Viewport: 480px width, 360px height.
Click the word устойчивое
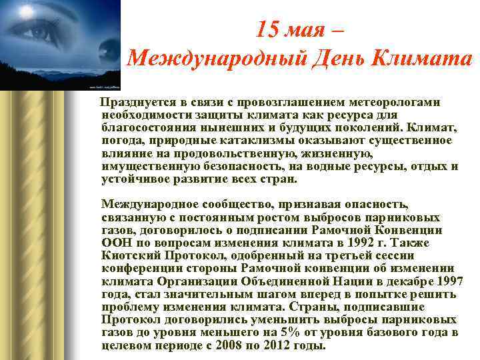click(133, 179)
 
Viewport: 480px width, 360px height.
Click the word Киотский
click(127, 256)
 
